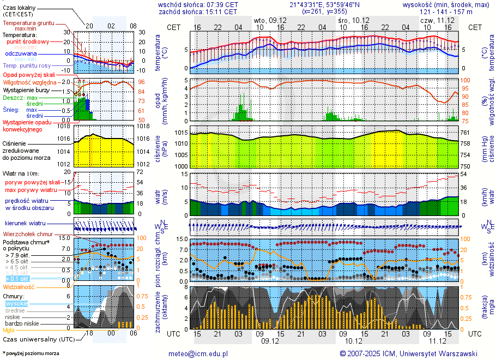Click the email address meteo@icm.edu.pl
(198, 353)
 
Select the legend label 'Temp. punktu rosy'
(26, 65)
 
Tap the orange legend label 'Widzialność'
(19, 286)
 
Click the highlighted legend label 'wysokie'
(16, 303)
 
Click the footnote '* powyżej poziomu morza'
(31, 353)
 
